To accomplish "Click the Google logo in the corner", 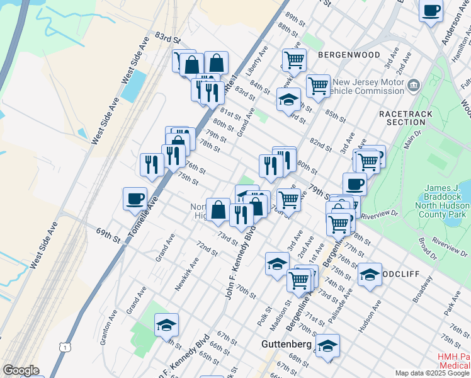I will [21, 370].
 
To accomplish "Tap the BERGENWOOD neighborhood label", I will [349, 55].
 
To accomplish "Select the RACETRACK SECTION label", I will [402, 117].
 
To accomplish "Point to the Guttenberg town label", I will [287, 345].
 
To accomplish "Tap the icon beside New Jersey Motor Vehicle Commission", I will [414, 85].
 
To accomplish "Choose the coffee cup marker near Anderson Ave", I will [431, 11].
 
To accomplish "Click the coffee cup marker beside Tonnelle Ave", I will [135, 198].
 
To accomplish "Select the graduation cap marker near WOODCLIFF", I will [370, 274].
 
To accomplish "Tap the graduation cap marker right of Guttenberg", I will [327, 345].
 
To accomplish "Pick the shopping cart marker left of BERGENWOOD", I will [294, 60].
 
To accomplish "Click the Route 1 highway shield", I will [64, 346].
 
